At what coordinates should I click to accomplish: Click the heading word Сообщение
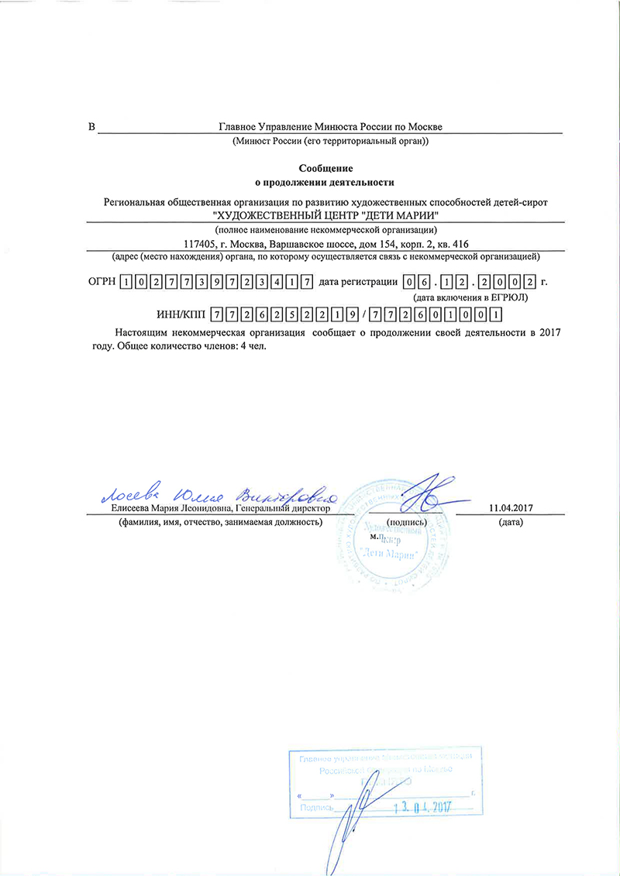(x=325, y=168)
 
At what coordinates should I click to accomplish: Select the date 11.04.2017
(x=514, y=508)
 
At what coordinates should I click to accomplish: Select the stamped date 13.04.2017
(x=423, y=807)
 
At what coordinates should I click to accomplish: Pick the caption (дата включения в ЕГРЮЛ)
(x=472, y=297)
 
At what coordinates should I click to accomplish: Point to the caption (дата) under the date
(x=511, y=522)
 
